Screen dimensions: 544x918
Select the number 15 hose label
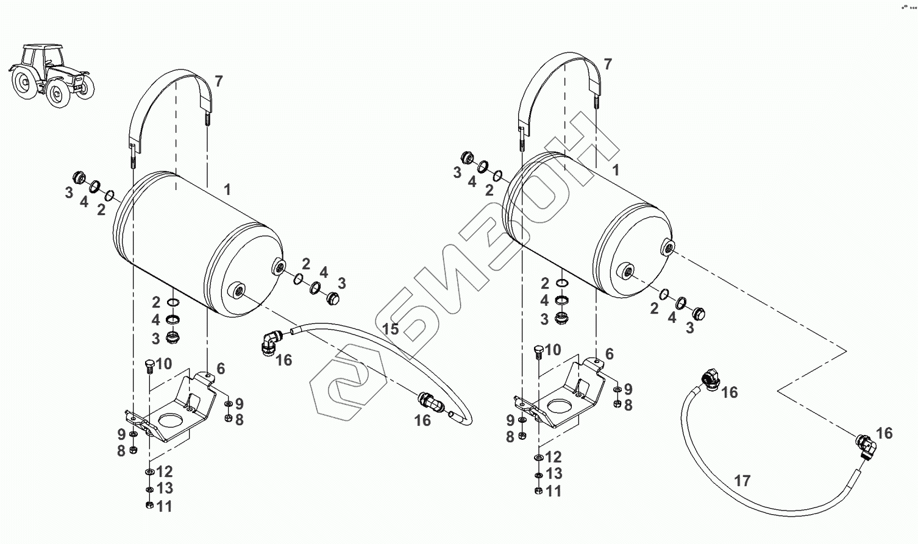(390, 330)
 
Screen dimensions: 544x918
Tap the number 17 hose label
(742, 481)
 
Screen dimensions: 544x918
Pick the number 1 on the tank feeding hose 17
(616, 170)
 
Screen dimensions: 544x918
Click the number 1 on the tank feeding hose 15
(227, 189)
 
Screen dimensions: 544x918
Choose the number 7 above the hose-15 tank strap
(218, 82)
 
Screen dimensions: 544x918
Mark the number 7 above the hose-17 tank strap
(607, 65)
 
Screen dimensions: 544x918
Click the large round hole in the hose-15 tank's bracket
(173, 420)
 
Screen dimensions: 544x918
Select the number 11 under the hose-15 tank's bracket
(164, 506)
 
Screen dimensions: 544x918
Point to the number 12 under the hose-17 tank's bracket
(553, 457)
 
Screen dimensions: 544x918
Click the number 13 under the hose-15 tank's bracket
(164, 488)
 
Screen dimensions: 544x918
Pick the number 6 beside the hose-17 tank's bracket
(609, 354)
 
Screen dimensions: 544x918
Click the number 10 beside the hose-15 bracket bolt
(164, 364)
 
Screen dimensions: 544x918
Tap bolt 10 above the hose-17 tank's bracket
(537, 351)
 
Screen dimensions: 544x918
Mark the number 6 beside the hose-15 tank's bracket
(221, 369)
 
